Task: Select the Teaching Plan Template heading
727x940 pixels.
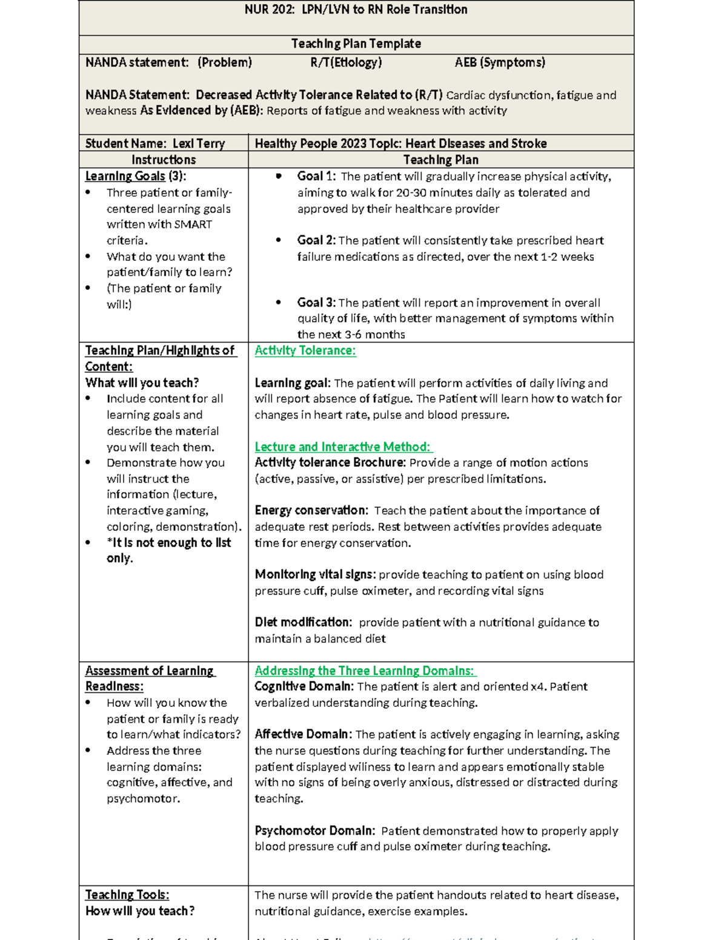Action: [356, 44]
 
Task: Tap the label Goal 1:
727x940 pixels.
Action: [316, 176]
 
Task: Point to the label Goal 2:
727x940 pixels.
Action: [316, 240]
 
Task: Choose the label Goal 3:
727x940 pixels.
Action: [316, 303]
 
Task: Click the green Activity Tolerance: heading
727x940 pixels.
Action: [305, 350]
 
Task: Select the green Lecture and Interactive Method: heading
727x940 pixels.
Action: [343, 447]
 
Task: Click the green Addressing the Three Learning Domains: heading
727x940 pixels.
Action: [365, 671]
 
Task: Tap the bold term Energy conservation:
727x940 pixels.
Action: [311, 510]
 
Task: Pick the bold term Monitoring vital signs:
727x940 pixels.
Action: [315, 574]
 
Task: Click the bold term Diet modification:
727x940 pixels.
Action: [303, 622]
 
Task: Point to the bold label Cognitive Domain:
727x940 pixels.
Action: [304, 686]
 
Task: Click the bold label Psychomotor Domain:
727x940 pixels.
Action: [314, 830]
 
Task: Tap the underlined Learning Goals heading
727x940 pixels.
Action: [125, 176]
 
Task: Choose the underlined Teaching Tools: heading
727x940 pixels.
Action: [127, 895]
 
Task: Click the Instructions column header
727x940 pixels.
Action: [164, 160]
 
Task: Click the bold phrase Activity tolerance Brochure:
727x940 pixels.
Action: [330, 462]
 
